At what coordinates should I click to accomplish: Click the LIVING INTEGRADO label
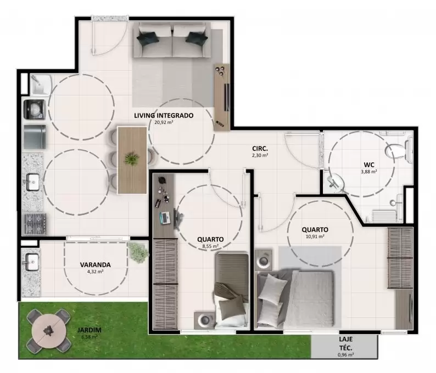point(164,116)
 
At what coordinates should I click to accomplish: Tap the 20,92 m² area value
point(164,122)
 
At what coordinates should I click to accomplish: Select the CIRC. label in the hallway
point(260,149)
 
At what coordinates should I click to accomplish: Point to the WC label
point(369,165)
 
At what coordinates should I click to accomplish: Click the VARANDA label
point(96,265)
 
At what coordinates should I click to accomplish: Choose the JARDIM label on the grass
point(90,330)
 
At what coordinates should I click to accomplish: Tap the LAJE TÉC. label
point(345,343)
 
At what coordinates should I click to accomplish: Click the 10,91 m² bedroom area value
point(315,236)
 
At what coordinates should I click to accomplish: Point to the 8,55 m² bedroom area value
point(210,246)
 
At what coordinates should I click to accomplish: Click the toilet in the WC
point(399,150)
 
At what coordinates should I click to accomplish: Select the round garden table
point(49,331)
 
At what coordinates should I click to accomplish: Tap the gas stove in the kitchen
point(35,224)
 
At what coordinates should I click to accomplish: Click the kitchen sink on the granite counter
point(33,182)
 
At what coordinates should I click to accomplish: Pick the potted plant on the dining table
point(131,159)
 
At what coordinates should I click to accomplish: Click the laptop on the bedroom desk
point(165,218)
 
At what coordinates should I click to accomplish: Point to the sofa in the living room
point(172,40)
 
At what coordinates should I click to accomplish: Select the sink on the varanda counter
point(32,262)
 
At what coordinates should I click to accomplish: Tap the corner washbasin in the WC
point(336,182)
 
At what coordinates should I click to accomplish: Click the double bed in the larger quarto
point(295,298)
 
